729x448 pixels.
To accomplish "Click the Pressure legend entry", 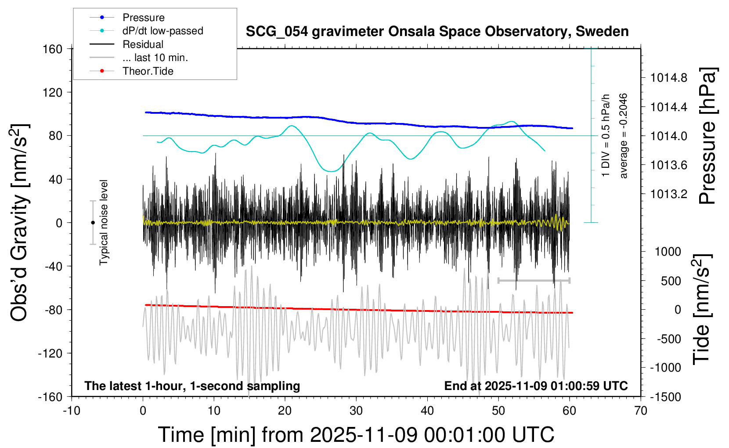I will point(143,18).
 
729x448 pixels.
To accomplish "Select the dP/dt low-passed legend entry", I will point(162,31).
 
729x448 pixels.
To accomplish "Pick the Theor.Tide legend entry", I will point(148,71).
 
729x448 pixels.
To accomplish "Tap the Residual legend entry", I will point(143,44).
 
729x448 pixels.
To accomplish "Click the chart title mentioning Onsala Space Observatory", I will point(437,32).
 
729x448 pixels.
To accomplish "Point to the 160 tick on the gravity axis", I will point(53,49).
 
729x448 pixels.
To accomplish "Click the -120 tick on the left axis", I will point(51,353).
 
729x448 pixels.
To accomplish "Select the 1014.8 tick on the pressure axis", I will point(669,78).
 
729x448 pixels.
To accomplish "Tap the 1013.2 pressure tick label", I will point(669,194).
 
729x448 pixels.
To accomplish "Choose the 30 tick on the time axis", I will point(356,411).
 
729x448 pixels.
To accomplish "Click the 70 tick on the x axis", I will point(641,411).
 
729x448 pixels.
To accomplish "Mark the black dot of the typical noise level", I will point(93,223).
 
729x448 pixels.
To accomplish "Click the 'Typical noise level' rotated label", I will point(104,223).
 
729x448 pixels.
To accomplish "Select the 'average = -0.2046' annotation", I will point(623,136).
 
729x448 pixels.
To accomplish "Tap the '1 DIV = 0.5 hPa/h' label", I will point(606,136).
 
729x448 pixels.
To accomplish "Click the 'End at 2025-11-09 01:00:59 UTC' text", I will point(536,386).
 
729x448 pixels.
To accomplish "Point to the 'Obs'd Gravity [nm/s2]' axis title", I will point(20,223).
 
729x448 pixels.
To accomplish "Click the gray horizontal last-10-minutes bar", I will point(534,280).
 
